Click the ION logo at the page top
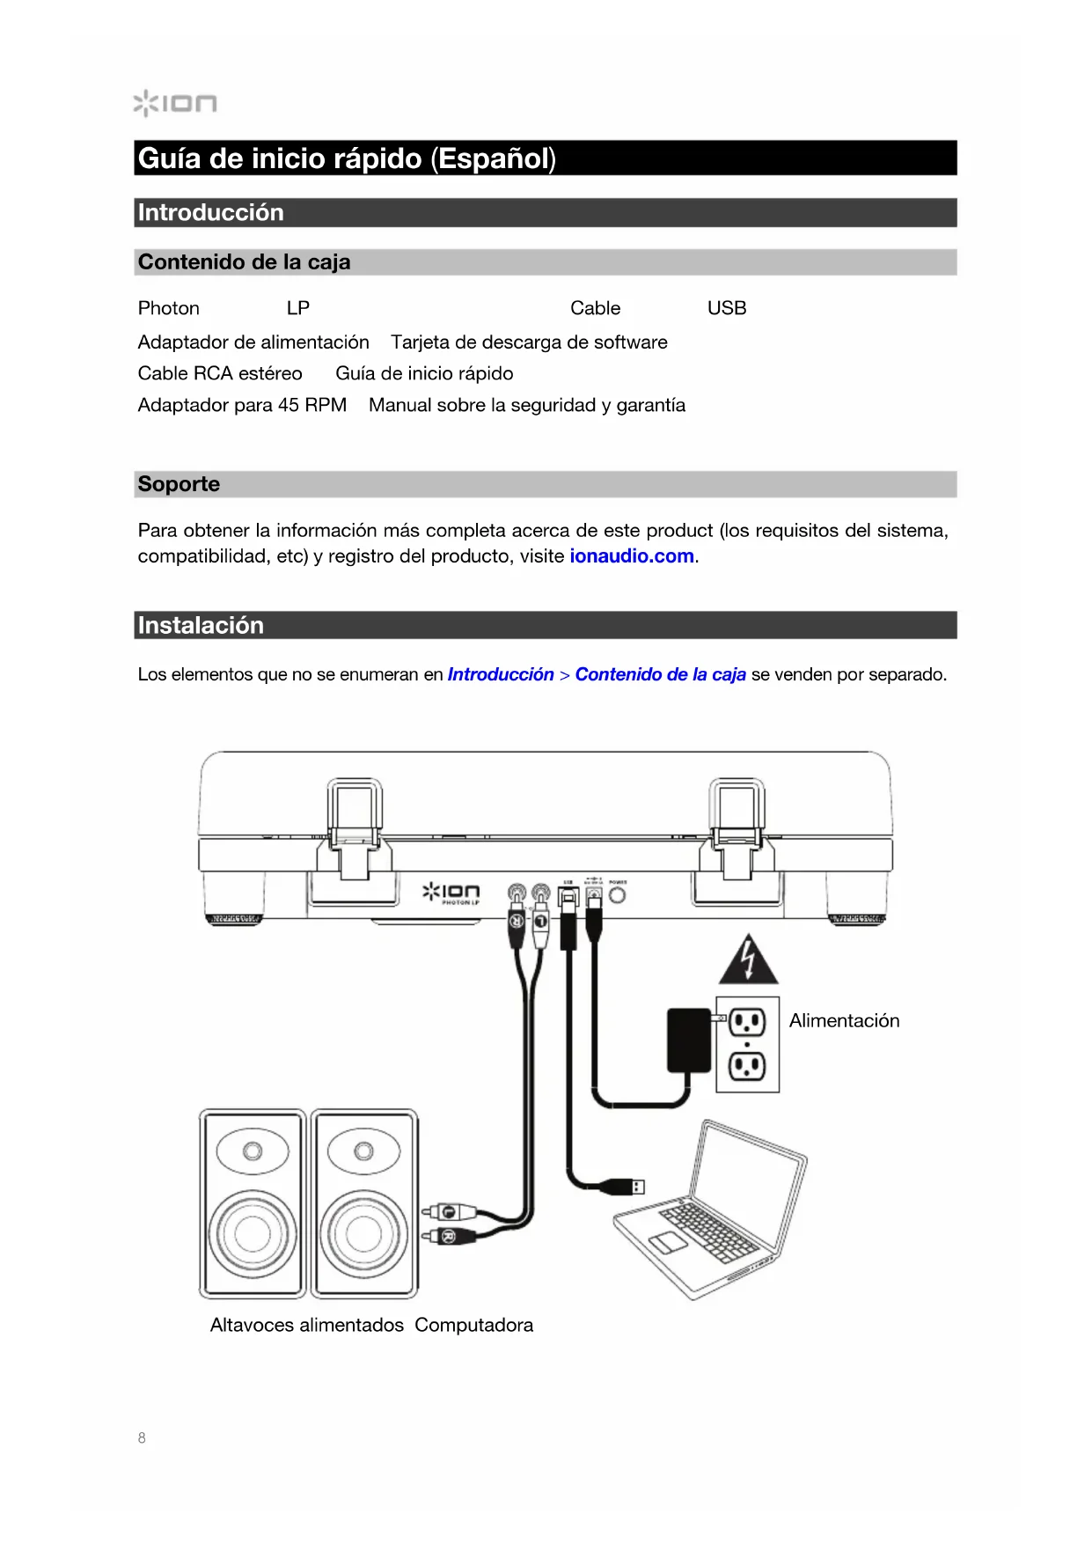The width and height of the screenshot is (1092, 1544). [175, 104]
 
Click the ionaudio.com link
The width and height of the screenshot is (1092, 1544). [631, 556]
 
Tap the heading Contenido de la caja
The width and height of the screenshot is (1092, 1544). [244, 262]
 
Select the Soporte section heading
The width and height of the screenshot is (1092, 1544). [179, 484]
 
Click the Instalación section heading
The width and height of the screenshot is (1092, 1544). [201, 625]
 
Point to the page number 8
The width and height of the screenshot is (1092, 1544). [142, 1437]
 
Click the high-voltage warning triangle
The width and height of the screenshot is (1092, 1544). [748, 960]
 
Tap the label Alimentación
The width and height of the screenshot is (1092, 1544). [844, 1021]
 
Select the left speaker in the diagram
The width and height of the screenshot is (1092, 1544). [253, 1203]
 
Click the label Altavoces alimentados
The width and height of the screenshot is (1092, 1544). [306, 1325]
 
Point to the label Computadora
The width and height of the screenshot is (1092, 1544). [473, 1325]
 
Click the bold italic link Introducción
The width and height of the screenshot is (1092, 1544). [500, 674]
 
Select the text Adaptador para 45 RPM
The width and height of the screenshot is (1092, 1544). [242, 405]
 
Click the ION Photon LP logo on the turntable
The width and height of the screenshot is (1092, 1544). [451, 893]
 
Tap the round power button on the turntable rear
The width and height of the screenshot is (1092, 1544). [618, 895]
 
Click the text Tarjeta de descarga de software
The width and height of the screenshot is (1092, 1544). [529, 342]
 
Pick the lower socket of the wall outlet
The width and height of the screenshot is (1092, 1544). [747, 1067]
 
